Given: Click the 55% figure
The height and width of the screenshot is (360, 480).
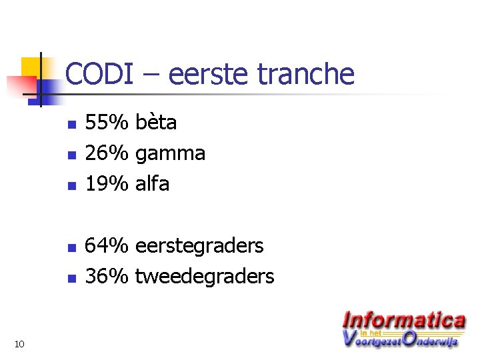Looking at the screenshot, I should pos(107,123).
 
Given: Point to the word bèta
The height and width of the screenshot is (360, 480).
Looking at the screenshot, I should pos(156,123).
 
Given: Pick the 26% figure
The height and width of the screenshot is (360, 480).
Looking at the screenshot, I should pos(107,153).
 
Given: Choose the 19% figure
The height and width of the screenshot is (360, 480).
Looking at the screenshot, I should pos(107,183).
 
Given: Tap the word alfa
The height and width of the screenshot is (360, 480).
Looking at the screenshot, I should pos(152,183).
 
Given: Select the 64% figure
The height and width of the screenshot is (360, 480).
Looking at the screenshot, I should pos(107,245).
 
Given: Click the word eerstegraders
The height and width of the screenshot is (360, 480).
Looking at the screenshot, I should pos(199,247).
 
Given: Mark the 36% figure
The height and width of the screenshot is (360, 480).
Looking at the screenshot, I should pos(107,276).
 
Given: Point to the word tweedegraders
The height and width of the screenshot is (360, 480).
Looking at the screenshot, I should pos(205,277).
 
